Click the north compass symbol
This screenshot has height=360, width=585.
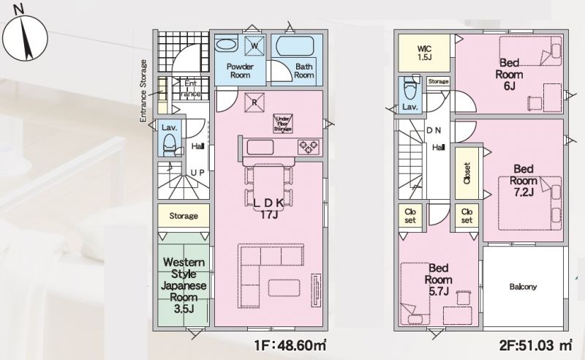tap(25, 39)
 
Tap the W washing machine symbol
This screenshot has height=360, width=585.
tap(254, 45)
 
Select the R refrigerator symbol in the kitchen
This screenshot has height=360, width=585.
tap(254, 102)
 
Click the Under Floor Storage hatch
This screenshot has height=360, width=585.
tap(283, 123)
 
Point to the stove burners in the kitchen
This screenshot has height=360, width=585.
tap(308, 147)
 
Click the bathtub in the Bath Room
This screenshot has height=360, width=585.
tap(295, 47)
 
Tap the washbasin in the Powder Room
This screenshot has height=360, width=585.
tap(226, 45)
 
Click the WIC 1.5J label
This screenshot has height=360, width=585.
tap(424, 53)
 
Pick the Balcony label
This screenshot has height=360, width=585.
tap(523, 287)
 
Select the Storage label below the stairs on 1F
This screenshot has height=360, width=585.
tap(184, 216)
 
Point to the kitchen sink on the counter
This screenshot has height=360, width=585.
tap(260, 147)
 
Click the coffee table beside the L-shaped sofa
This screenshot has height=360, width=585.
tap(284, 288)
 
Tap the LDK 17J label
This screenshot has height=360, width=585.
tap(269, 209)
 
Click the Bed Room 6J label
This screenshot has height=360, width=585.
tap(509, 74)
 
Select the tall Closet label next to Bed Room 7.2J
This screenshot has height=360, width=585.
tap(467, 173)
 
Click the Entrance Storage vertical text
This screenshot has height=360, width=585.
tap(143, 91)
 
